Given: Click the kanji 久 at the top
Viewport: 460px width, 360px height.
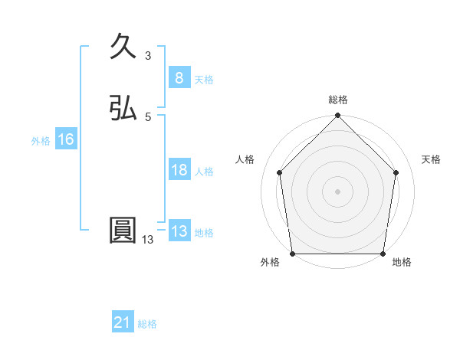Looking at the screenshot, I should (123, 48).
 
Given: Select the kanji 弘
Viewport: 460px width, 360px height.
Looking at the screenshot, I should (123, 109).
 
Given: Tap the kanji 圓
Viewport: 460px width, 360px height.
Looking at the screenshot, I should (123, 231).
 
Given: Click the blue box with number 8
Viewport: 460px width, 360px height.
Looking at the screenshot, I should (179, 77).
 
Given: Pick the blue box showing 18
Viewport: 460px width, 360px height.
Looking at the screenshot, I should (179, 170).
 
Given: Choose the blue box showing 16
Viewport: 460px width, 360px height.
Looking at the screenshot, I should (65, 139).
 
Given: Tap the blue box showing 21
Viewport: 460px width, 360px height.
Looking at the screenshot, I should (123, 322).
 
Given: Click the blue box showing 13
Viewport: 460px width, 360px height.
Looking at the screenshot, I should (179, 231).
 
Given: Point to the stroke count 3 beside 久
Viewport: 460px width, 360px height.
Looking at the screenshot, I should (147, 56).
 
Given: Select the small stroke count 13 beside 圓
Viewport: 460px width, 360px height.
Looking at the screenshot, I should (147, 240).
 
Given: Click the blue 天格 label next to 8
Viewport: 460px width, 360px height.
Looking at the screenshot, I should (204, 79).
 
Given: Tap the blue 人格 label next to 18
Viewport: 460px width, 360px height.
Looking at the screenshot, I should (204, 172).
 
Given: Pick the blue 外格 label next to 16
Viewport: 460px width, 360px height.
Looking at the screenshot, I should (41, 141).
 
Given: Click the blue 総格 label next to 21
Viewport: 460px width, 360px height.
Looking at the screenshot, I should (147, 324).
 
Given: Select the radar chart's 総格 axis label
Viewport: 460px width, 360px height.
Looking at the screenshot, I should (337, 100).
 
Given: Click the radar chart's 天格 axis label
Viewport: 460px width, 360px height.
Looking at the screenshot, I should (432, 159).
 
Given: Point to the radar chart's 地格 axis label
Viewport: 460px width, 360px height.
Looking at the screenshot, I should (402, 263).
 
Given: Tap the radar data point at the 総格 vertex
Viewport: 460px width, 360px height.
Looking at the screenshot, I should (337, 116).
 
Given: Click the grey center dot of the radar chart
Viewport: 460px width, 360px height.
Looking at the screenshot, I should (337, 191).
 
